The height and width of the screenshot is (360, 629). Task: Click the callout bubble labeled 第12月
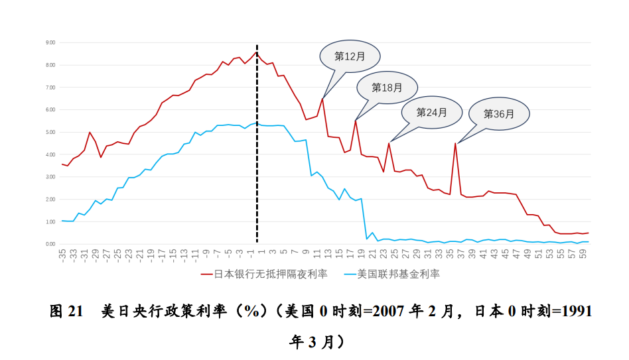point(350,56)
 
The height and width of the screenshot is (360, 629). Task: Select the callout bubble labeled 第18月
point(387,88)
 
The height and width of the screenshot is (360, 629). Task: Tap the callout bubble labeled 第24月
point(432,112)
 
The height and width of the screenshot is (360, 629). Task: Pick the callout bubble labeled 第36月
point(499,114)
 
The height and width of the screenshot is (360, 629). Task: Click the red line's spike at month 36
point(455,143)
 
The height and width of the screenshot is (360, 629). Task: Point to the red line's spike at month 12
point(322,99)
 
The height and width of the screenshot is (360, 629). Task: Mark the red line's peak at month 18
point(356,121)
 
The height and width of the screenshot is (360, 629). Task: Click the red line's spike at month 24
point(389,143)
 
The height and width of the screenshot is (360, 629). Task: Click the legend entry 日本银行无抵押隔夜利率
point(264,274)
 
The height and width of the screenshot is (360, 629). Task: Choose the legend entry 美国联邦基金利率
point(392,274)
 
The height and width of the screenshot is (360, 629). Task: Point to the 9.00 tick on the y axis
point(50,42)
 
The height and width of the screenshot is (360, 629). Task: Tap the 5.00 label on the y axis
point(50,132)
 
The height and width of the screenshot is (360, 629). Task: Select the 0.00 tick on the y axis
point(50,244)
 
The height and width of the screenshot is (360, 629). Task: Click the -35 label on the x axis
point(62,255)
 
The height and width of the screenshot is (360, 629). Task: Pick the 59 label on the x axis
point(582,254)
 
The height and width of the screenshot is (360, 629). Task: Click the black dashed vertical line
point(257,144)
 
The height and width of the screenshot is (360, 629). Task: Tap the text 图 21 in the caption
point(66,311)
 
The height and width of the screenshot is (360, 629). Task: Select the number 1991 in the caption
point(576,311)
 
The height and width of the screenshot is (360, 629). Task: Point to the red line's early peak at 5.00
point(90,132)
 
